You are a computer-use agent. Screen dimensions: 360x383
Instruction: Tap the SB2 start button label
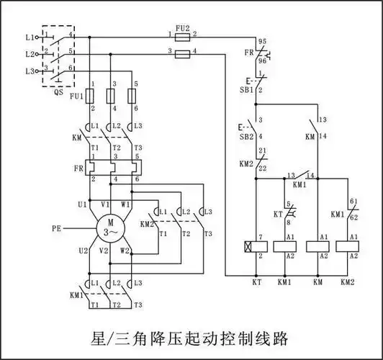[247, 136]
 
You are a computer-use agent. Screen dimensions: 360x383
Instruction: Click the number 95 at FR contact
[262, 42]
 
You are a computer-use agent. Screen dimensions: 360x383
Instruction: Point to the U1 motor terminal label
[82, 204]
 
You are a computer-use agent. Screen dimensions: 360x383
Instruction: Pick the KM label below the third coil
[317, 282]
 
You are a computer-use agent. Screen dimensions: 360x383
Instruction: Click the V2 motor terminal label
[104, 251]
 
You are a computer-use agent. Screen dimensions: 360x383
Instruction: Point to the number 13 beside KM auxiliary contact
[321, 120]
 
